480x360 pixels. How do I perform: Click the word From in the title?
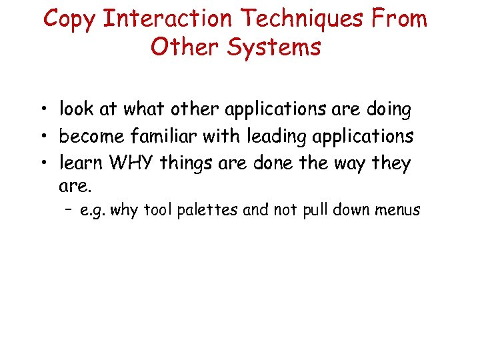tap(399, 19)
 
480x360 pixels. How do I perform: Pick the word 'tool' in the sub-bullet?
tap(164, 211)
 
